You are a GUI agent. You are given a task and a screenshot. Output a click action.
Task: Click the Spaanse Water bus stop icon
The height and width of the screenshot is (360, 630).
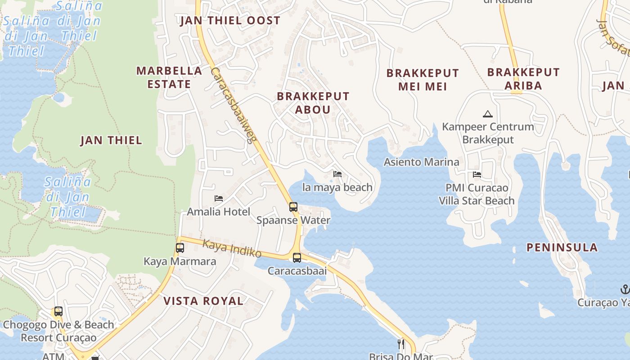(x=293, y=207)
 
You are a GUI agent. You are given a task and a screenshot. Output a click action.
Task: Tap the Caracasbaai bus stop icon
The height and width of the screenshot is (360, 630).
(x=297, y=258)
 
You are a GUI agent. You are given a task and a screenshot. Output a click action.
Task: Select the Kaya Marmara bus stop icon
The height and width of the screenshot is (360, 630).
(x=180, y=248)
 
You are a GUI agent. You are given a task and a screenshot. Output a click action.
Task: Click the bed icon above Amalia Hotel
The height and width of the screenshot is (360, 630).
(x=219, y=198)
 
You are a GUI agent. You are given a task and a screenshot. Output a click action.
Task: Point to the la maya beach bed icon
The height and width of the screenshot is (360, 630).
(x=337, y=174)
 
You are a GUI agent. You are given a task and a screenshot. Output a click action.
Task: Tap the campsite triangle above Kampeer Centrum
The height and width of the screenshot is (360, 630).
(x=487, y=114)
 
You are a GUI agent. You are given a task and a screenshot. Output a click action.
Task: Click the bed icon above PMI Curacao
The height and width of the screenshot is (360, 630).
(x=477, y=175)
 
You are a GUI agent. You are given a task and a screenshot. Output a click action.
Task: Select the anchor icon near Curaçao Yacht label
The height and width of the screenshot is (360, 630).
(x=625, y=289)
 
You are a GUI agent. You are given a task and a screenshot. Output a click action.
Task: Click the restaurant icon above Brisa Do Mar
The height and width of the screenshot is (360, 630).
(x=401, y=344)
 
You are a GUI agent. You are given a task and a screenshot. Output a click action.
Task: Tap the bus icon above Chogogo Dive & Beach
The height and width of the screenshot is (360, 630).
(x=58, y=311)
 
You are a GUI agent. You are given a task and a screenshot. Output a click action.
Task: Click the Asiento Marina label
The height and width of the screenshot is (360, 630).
(x=421, y=162)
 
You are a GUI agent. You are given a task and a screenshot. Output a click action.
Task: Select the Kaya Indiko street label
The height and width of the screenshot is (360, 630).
(x=232, y=248)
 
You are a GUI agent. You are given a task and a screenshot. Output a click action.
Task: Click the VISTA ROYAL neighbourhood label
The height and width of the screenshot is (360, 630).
(x=203, y=301)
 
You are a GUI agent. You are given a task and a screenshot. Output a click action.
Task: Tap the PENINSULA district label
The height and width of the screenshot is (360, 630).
(x=562, y=247)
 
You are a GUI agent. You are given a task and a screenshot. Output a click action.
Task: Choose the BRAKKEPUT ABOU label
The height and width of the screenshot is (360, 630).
(x=313, y=103)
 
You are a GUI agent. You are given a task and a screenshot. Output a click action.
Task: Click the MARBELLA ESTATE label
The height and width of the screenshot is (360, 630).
(x=169, y=77)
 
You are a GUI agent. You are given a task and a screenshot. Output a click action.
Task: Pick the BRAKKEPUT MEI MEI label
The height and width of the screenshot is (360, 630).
(x=423, y=80)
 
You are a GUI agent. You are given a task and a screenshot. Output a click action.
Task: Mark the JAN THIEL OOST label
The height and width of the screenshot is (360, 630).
(x=230, y=21)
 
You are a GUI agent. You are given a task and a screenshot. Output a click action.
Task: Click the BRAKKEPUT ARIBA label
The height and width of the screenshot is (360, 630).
(x=523, y=79)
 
